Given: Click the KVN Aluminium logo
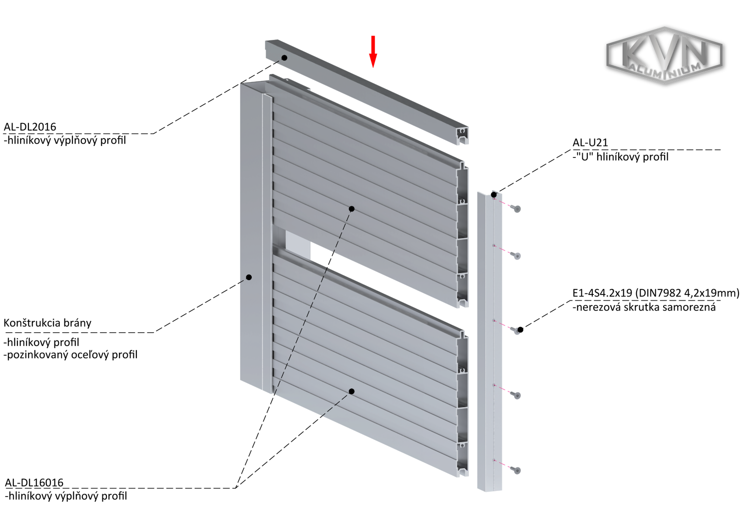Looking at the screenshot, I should pos(664,54).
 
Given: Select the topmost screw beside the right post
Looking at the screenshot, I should pos(516,208).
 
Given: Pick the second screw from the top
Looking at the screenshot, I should pos(516,255).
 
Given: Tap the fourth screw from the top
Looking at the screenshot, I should pos(517,395).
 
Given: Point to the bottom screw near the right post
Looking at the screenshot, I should pos(517,470).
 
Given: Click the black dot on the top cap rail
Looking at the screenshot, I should pos(284,58).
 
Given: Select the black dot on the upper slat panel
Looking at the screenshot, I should pos(352,208).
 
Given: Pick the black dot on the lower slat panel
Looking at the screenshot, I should pos(352,391).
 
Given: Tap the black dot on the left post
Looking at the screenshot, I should pos(249,277).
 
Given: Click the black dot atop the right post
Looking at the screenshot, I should pos(493,194).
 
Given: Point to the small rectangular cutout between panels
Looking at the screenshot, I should pos(298,242).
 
